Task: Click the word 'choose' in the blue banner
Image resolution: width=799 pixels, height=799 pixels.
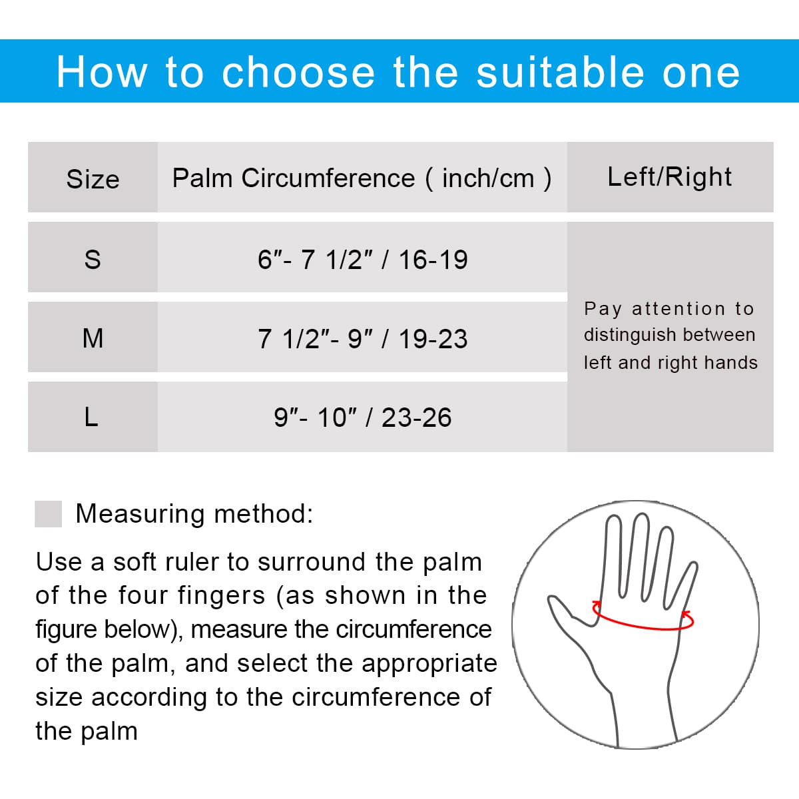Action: pos(298,73)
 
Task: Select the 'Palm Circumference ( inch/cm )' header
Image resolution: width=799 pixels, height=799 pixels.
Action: pos(362,178)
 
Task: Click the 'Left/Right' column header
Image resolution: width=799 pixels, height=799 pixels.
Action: pos(669,176)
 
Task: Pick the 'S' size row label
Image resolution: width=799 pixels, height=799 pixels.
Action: pos(93,260)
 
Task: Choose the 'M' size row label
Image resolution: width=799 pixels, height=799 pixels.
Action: pos(93,338)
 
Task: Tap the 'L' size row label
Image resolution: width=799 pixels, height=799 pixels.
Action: pos(91,417)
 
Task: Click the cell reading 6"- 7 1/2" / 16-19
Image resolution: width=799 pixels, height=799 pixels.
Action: pos(362,260)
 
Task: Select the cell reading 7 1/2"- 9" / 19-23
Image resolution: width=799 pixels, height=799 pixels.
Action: pos(362,338)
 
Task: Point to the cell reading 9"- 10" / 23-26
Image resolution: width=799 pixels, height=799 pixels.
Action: pos(362,417)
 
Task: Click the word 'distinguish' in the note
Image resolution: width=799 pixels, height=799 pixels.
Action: pos(629,336)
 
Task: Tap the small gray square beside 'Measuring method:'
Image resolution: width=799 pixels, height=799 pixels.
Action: pos(48,514)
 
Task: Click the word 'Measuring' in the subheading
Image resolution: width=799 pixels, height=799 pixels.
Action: pos(140,515)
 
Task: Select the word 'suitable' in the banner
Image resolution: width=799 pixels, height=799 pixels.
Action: pos(560,73)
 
